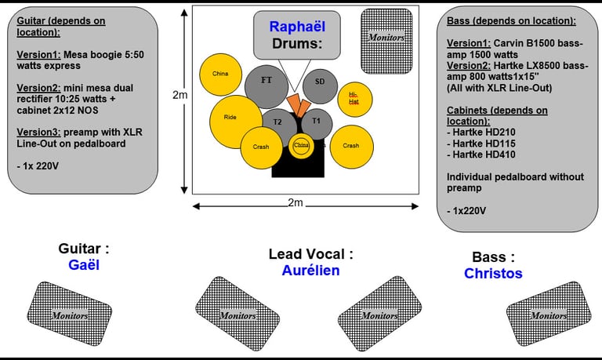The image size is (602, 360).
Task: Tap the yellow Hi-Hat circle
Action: (x=354, y=98)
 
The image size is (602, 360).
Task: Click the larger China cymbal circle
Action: (x=221, y=75)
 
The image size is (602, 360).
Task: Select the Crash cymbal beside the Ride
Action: (x=261, y=147)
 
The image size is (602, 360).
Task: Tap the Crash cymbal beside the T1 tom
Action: (x=350, y=146)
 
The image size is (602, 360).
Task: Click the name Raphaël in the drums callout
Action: (x=297, y=27)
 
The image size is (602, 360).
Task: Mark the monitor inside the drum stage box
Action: (x=386, y=38)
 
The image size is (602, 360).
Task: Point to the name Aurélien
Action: (x=311, y=271)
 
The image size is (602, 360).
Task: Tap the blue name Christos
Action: (x=493, y=274)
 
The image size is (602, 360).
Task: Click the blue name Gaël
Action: (x=84, y=265)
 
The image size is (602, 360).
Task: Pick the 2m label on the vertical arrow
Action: (x=180, y=96)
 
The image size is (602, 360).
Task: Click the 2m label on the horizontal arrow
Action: (x=294, y=203)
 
